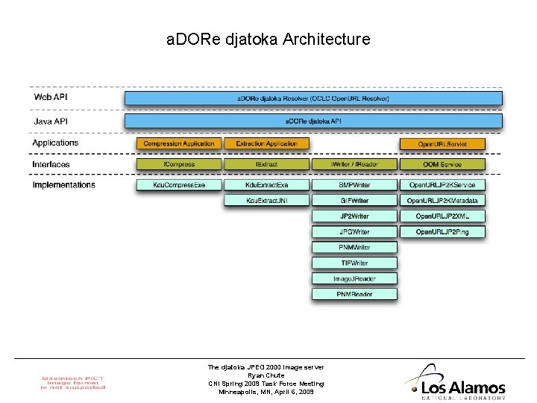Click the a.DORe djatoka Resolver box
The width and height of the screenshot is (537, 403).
click(313, 98)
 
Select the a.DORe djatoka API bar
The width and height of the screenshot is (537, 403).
click(313, 120)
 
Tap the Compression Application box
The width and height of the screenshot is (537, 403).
click(179, 143)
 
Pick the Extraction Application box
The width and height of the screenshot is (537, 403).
click(266, 143)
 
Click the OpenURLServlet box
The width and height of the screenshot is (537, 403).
click(442, 143)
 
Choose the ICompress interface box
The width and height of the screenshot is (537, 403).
click(179, 164)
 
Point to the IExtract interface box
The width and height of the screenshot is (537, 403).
click(266, 164)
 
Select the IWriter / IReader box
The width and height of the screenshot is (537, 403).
click(354, 164)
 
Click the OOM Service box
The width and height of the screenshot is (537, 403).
click(442, 164)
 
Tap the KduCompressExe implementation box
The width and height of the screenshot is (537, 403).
click(179, 184)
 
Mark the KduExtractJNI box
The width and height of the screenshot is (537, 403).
click(266, 201)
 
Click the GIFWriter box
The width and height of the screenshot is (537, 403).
click(354, 201)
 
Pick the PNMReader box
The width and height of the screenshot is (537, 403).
click(354, 294)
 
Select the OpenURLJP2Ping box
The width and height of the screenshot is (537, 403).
click(442, 232)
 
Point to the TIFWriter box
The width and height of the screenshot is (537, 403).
click(354, 263)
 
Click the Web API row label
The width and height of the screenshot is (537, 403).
click(51, 97)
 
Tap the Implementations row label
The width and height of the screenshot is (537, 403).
click(64, 184)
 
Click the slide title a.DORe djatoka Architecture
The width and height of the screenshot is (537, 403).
click(268, 39)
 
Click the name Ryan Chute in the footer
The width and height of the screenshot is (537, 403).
click(266, 375)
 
